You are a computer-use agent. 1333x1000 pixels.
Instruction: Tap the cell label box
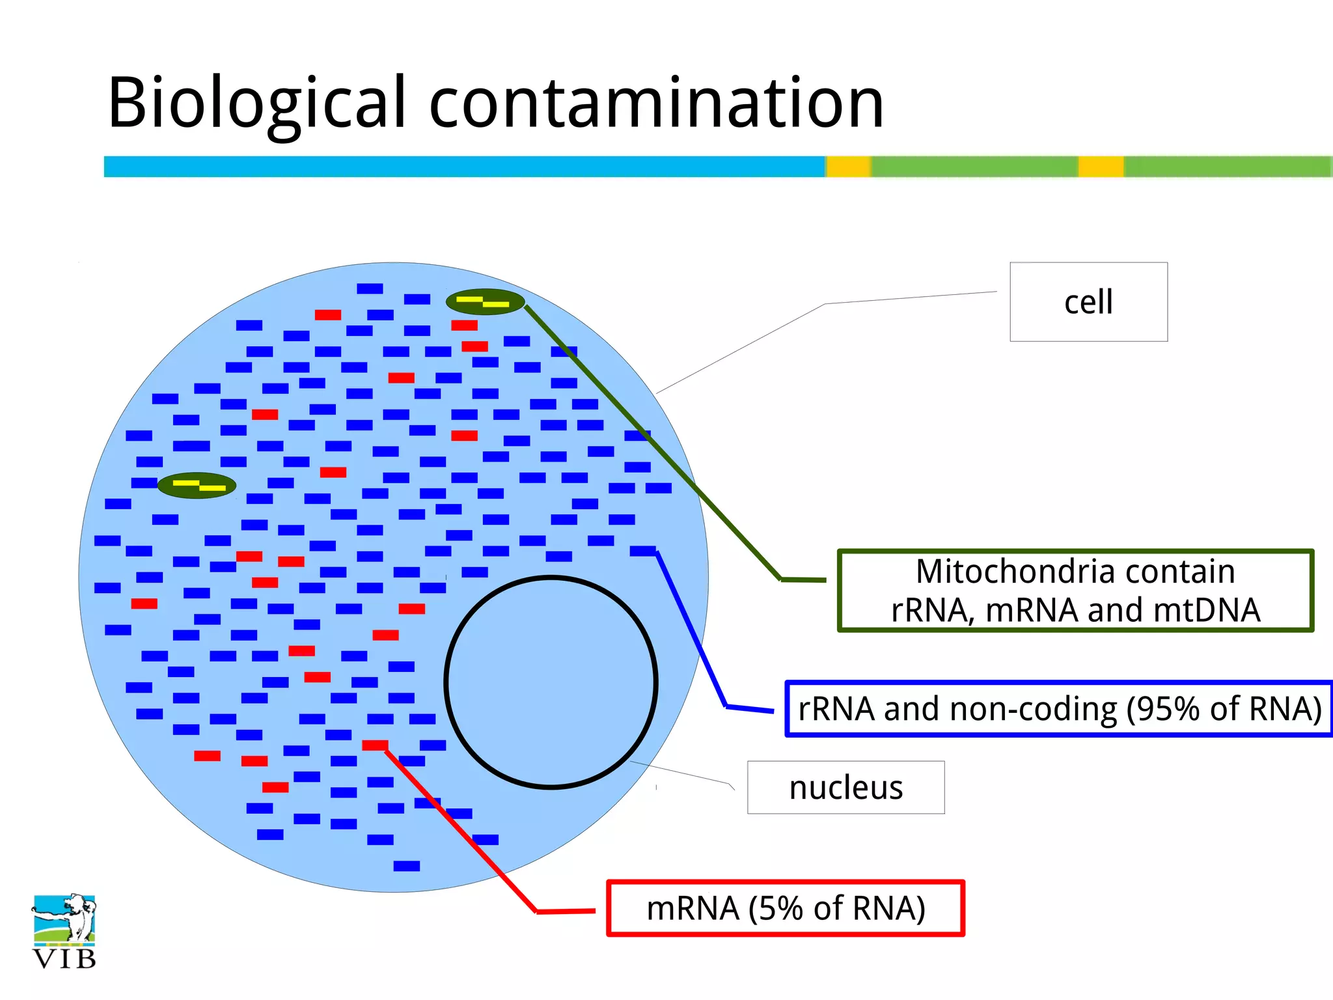(1088, 302)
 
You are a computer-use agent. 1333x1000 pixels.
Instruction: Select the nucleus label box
(845, 788)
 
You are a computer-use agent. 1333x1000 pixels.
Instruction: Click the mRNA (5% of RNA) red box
(785, 908)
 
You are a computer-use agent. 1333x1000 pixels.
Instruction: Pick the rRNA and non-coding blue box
(1059, 709)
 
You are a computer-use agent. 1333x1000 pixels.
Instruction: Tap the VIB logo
(64, 931)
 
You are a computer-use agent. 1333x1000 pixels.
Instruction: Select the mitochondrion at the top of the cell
(485, 301)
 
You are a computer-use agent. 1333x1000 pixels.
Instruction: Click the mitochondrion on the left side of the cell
(197, 485)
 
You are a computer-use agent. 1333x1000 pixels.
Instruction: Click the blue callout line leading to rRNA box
(690, 628)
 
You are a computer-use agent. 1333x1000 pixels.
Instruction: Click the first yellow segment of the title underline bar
(848, 167)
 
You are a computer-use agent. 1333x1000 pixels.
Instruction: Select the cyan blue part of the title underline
(456, 167)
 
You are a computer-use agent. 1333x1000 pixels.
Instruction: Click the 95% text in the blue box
(1165, 709)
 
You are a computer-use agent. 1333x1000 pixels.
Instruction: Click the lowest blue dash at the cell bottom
(407, 866)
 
